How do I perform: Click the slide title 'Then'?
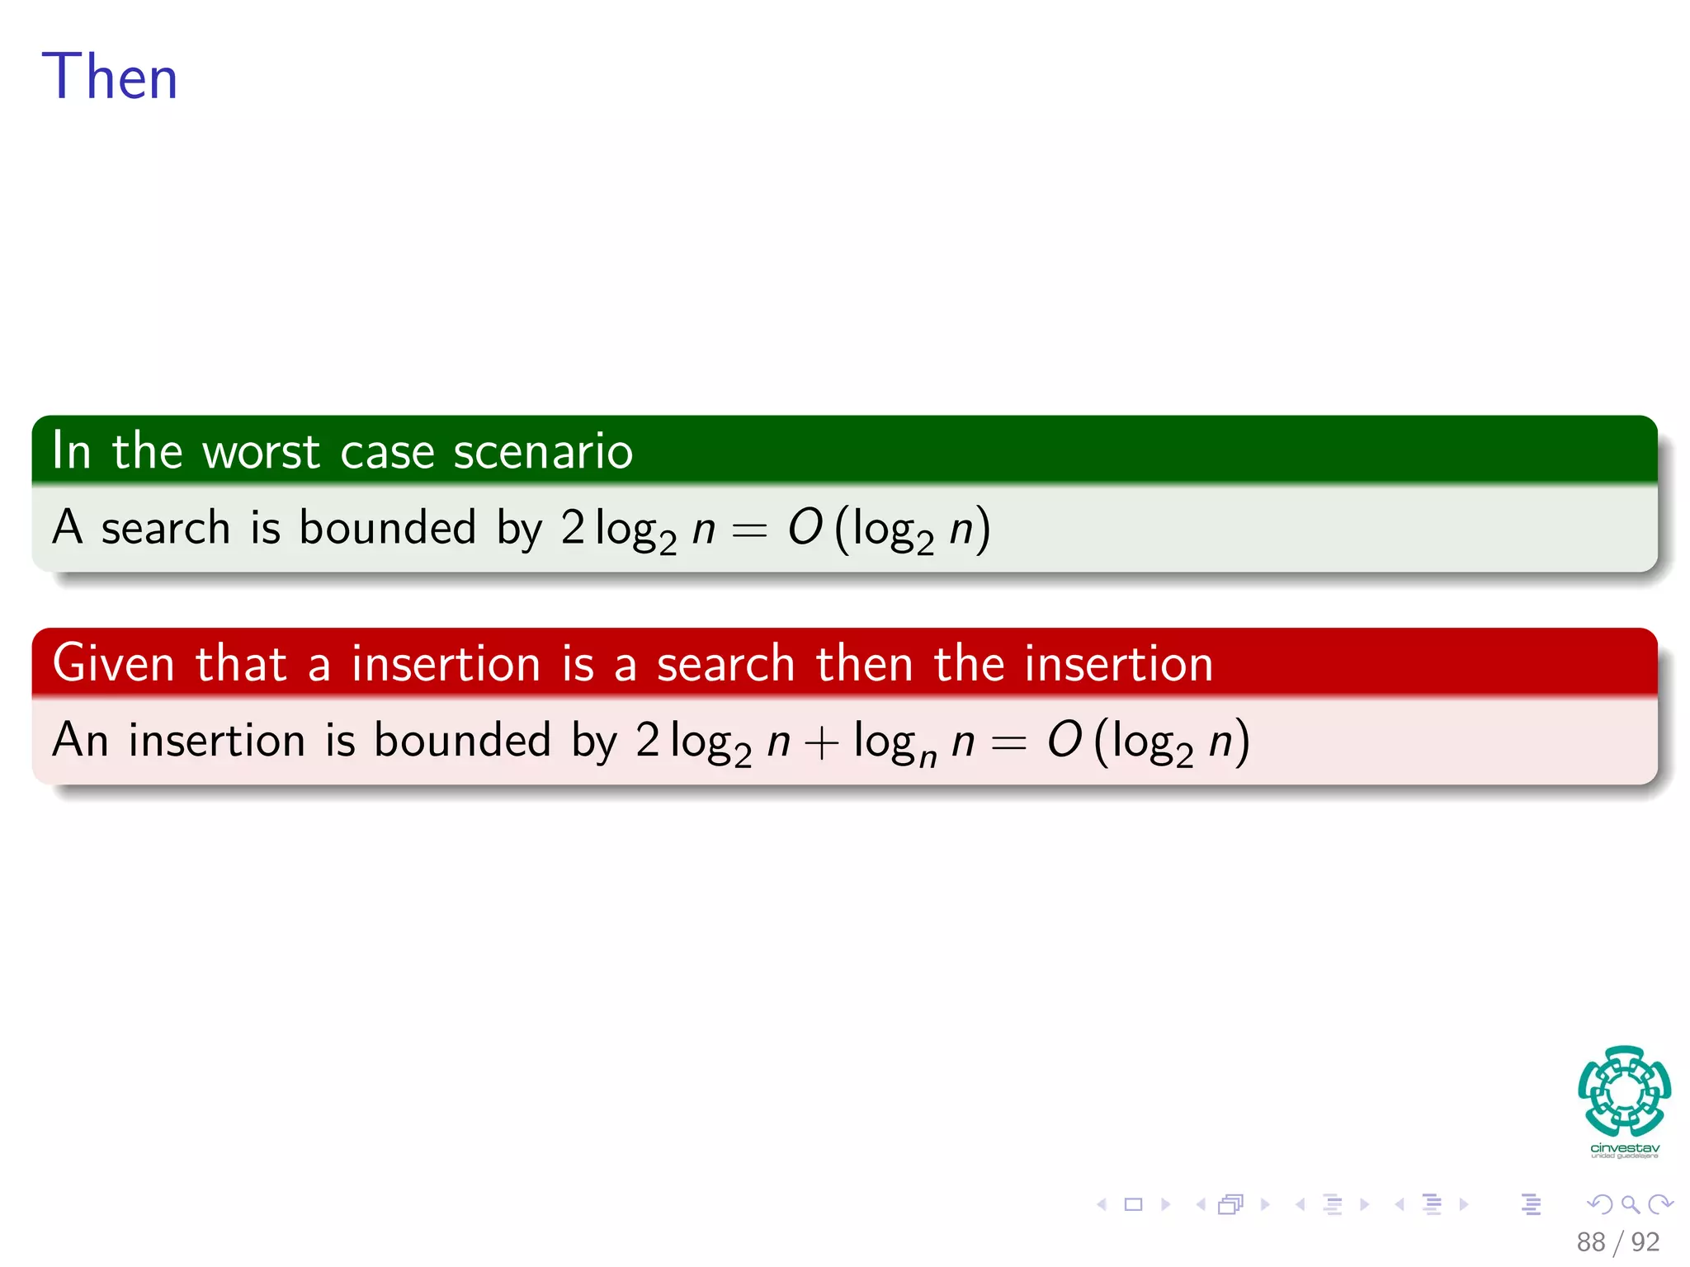110,77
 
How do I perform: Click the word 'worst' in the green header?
261,452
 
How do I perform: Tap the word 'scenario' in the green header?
543,452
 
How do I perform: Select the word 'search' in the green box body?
165,528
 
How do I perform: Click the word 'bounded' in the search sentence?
387,528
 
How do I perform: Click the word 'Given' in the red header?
113,664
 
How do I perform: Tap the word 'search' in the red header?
725,664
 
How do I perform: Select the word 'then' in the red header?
864,664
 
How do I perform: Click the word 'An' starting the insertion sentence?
80,740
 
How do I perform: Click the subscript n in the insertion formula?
928,757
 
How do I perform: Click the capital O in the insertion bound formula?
1065,740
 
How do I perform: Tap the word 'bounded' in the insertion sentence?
462,740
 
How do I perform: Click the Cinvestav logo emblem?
1624,1090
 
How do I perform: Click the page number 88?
1590,1242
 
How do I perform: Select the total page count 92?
1645,1242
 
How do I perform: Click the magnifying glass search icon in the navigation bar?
1630,1204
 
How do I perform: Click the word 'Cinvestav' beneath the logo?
1624,1148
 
